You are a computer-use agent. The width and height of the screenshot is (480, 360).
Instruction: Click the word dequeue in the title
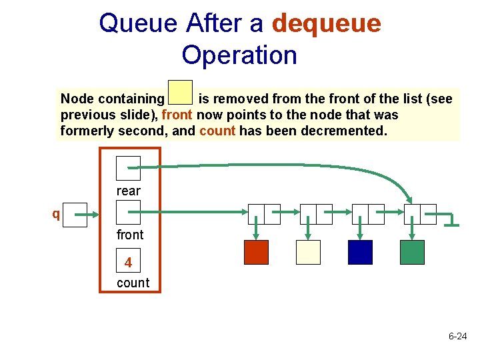tap(326, 24)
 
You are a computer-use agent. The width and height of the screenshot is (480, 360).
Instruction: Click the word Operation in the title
tap(239, 55)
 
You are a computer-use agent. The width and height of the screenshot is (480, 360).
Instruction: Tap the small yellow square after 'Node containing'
tap(180, 93)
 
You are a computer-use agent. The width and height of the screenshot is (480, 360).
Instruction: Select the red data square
tap(256, 252)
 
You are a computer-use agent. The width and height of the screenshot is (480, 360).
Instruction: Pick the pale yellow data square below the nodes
tap(308, 252)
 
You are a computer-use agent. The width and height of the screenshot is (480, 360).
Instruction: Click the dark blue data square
tap(360, 252)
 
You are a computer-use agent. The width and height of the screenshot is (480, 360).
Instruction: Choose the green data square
tap(412, 252)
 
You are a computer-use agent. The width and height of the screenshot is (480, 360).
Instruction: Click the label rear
tap(129, 191)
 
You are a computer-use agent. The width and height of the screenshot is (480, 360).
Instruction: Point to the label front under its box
tap(129, 235)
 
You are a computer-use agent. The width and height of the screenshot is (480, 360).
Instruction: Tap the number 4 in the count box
tap(128, 263)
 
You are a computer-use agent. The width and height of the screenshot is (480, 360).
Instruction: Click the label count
tap(133, 283)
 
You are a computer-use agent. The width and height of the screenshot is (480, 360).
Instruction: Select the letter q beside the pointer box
tap(57, 215)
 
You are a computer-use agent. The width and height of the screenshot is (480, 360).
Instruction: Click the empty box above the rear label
tap(128, 168)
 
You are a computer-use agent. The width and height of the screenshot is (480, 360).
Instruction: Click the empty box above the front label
tap(128, 213)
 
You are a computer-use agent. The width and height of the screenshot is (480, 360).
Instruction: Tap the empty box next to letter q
tap(75, 215)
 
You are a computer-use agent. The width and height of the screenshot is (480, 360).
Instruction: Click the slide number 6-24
tap(457, 337)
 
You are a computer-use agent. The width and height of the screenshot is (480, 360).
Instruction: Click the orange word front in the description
tap(177, 115)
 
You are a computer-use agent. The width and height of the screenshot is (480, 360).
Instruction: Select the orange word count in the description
tap(217, 131)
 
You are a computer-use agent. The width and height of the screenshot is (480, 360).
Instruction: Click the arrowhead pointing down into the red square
tap(256, 235)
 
